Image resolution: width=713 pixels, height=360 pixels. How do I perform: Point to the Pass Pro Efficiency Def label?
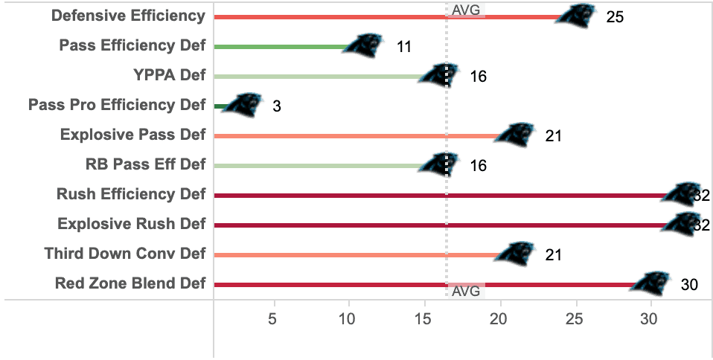point(116,105)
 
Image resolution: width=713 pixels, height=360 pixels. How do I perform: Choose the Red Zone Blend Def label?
point(130,283)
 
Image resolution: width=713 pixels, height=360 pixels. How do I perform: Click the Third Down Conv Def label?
point(124,254)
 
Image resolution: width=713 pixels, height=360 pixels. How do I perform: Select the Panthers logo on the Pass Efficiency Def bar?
point(365,46)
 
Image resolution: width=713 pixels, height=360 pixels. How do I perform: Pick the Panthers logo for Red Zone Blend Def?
point(651,283)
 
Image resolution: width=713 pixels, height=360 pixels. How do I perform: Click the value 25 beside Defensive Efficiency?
point(615,17)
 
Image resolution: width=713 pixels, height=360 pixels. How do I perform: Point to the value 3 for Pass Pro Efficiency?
point(276,106)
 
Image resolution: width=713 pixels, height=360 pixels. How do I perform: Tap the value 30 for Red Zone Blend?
point(689,285)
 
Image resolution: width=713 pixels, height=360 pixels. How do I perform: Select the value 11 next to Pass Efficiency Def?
point(404,47)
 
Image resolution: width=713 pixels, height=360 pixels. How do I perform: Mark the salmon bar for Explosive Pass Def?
point(357,135)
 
